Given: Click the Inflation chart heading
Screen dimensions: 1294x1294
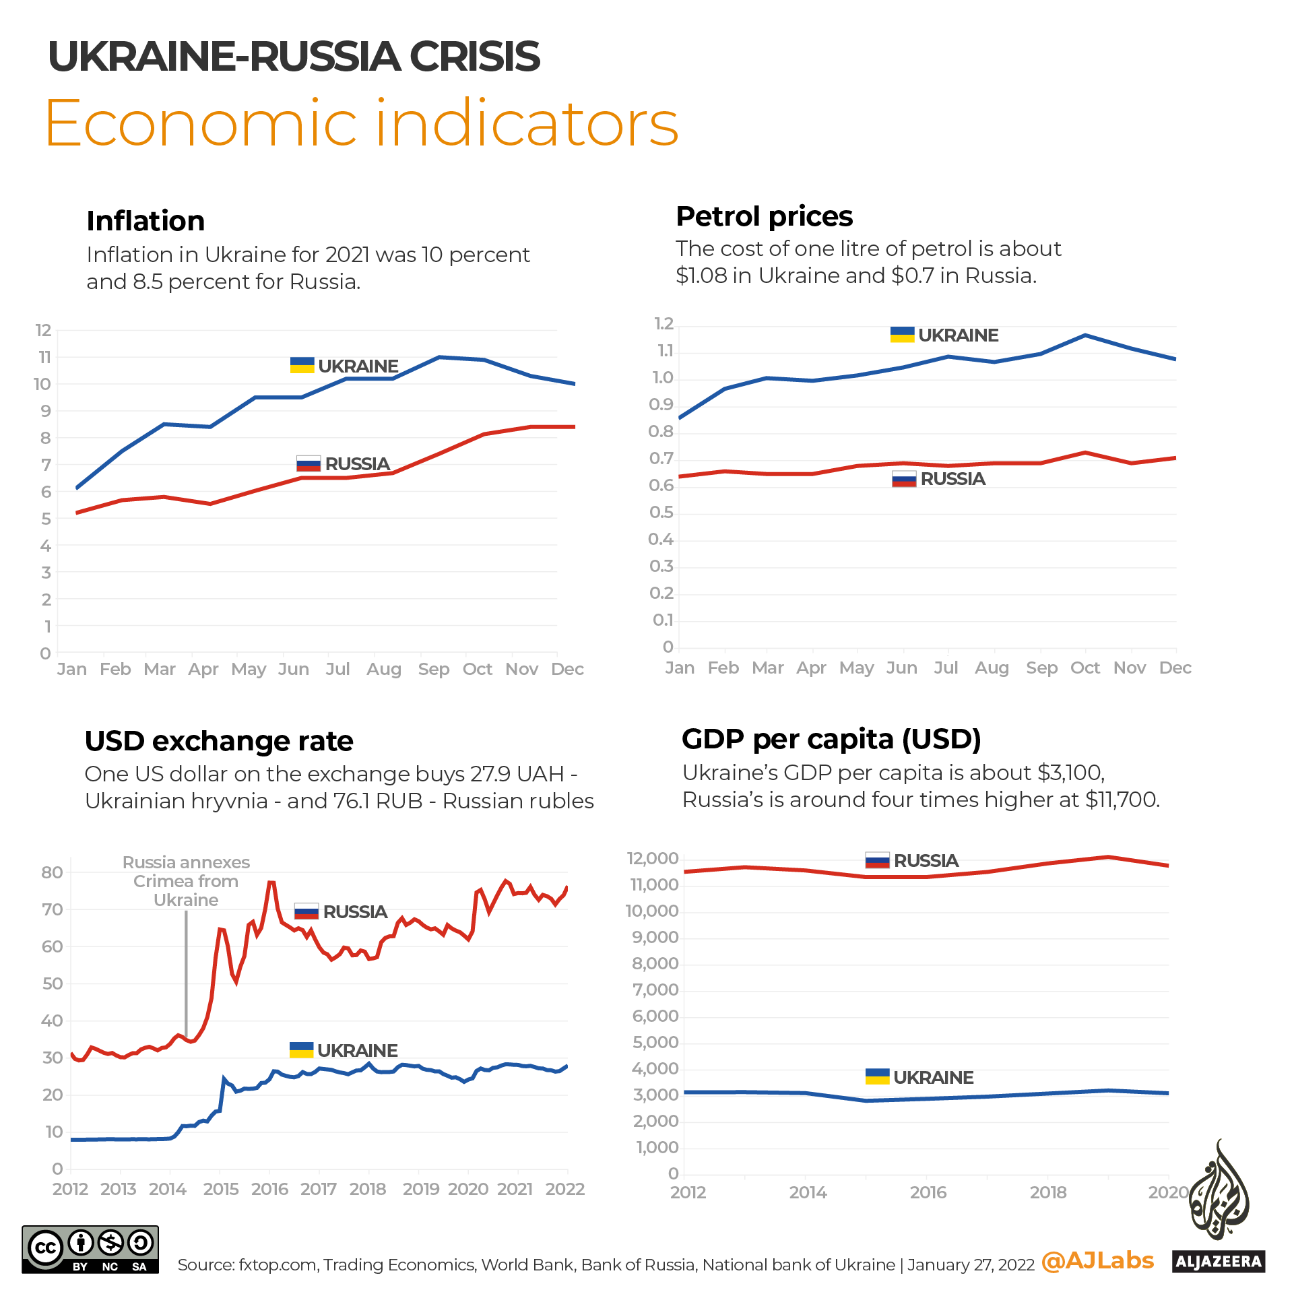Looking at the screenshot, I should tap(145, 221).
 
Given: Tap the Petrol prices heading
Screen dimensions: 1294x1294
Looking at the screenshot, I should tap(764, 216).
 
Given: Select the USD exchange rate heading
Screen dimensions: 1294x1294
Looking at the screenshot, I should tap(219, 741).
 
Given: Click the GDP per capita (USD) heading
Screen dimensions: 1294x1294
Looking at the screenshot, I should tap(831, 739).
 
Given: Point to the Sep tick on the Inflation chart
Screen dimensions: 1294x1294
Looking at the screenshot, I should tap(433, 669).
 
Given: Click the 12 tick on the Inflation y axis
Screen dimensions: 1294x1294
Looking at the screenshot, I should tap(43, 330).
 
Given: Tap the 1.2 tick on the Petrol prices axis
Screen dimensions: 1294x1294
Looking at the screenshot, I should tap(664, 324).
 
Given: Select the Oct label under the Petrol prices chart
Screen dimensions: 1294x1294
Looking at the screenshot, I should tap(1085, 668).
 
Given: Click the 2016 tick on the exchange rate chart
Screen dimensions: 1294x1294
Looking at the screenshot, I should tap(269, 1189).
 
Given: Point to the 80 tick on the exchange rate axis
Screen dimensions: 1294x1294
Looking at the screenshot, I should tap(52, 872).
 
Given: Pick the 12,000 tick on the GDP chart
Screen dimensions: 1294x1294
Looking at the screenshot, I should tap(652, 858).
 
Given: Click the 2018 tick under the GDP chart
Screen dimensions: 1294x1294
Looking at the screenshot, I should tap(1047, 1192).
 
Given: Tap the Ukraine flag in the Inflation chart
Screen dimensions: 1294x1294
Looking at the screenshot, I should tap(302, 365).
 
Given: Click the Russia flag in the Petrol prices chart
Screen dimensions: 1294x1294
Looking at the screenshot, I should tap(903, 479).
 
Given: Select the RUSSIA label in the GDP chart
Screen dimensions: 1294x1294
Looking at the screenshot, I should tap(926, 861).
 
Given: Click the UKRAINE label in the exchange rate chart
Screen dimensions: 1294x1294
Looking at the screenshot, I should tap(357, 1051).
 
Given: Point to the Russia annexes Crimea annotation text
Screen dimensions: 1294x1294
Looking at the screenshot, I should tap(186, 881).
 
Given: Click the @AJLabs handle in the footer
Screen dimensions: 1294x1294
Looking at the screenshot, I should tap(1097, 1260).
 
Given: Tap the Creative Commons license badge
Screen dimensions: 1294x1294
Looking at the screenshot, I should tap(90, 1250).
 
